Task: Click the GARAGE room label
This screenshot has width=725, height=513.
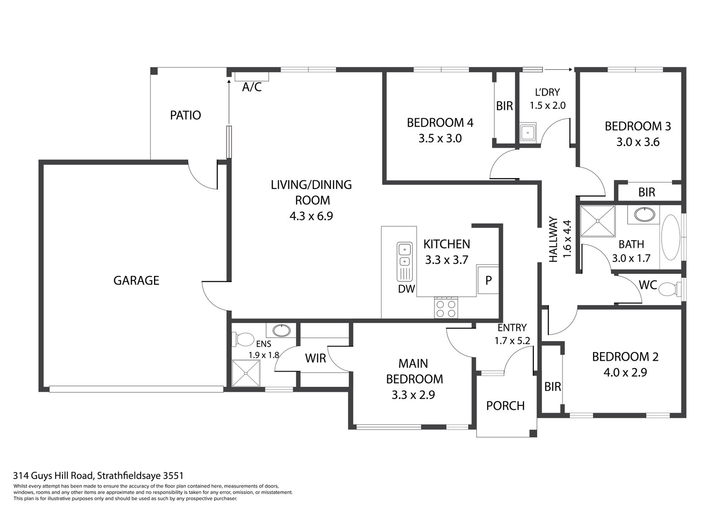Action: coord(136,281)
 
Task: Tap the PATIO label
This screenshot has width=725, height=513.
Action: coord(185,115)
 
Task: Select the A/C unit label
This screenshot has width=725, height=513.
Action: coord(251,87)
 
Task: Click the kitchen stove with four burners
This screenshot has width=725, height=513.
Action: coord(446,308)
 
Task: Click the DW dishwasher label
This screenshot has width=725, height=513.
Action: coord(406,289)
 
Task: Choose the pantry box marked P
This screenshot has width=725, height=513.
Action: coord(488,281)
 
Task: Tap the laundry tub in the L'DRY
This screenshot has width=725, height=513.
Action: coord(527,133)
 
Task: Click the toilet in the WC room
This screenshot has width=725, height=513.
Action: coord(669,288)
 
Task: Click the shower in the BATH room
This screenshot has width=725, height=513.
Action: coord(598,221)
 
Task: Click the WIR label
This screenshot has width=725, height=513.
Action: coord(315,358)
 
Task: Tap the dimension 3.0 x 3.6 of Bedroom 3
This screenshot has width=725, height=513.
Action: coord(638,142)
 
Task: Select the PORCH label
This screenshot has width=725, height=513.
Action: coord(505,406)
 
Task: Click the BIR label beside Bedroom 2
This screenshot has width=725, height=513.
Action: coord(552,387)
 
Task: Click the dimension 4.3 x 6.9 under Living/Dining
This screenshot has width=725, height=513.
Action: coord(311,216)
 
